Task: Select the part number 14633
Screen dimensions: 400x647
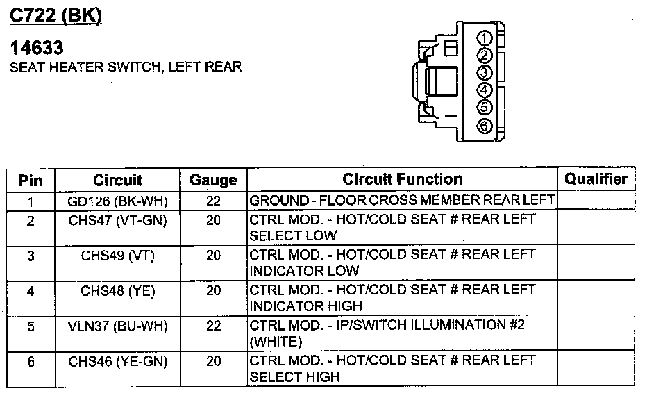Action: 37,48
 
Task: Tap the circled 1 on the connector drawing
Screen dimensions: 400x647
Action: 485,38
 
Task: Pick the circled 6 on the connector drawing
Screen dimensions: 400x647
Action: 485,126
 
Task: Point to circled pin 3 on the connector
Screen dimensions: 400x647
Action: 485,73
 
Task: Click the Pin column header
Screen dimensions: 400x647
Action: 31,181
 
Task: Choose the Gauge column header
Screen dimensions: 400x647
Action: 213,181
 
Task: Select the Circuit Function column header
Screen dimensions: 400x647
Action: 402,179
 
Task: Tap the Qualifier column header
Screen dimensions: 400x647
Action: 596,179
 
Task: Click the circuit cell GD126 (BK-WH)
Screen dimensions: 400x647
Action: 117,201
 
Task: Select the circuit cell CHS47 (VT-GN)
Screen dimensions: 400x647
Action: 117,219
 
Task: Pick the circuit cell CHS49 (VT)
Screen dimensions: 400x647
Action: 117,255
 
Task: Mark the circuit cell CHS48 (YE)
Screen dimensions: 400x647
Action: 117,290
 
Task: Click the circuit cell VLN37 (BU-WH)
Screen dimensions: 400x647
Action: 117,325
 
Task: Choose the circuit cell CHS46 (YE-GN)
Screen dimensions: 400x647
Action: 117,360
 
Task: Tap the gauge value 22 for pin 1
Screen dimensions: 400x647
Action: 213,201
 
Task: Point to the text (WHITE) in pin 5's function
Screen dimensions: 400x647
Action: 276,342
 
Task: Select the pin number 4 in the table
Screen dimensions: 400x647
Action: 31,290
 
